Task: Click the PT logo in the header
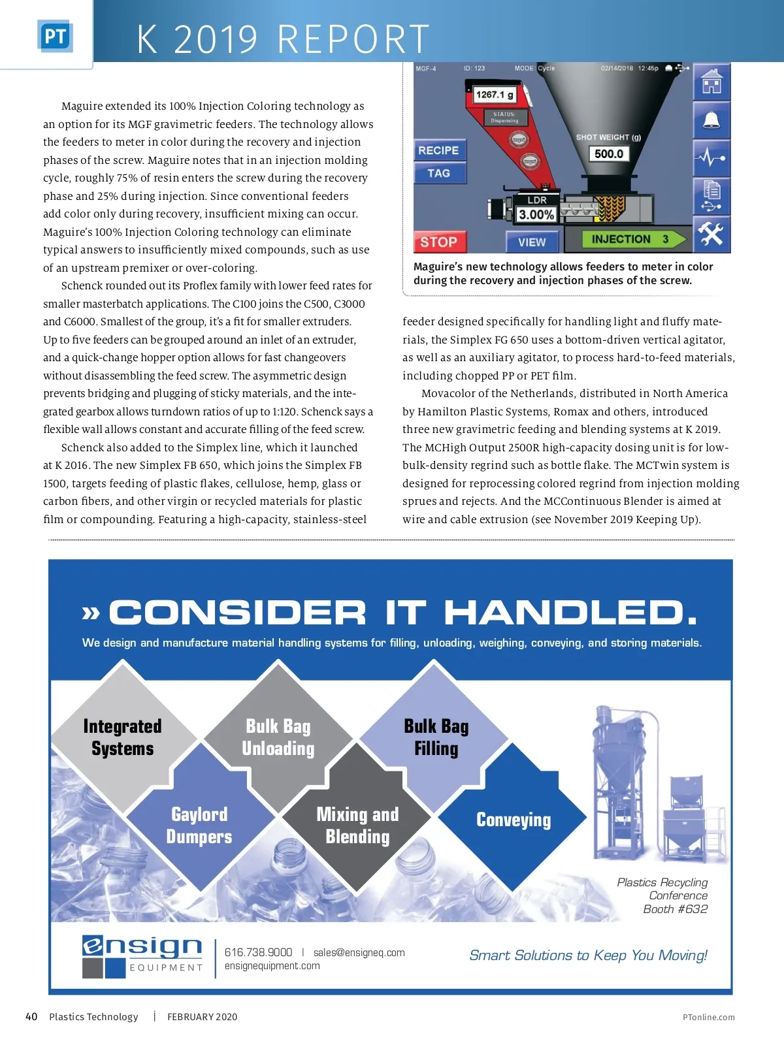55,37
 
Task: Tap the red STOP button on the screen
439,242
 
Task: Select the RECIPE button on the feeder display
439,150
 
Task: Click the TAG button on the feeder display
439,173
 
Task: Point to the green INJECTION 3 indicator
627,239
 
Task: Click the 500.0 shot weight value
609,153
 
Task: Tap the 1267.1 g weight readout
495,95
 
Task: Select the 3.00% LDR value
536,214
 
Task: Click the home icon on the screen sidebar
711,83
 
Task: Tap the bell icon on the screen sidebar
711,121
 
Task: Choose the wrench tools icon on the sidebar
711,234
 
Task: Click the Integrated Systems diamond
123,737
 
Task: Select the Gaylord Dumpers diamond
199,825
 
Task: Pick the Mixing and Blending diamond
357,825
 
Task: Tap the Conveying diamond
514,820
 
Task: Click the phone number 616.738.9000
258,952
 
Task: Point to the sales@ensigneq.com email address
359,952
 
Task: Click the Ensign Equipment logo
142,956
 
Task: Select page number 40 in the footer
31,1016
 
